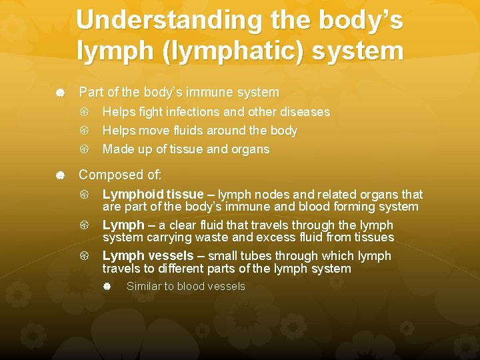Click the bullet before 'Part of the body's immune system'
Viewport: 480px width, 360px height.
click(x=60, y=93)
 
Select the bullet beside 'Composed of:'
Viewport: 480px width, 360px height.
click(x=60, y=175)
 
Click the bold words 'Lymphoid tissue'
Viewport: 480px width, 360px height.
click(x=153, y=194)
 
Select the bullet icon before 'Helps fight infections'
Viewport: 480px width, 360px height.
click(x=85, y=112)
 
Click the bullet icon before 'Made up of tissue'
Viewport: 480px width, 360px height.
click(x=85, y=149)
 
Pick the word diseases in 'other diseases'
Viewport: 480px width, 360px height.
click(x=305, y=112)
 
